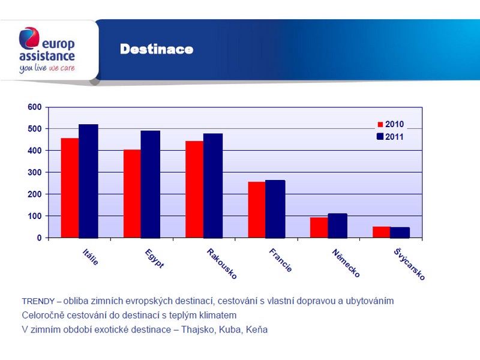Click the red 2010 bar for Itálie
[x=70, y=188]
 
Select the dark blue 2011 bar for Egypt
[x=151, y=184]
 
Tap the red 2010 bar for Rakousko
[x=194, y=189]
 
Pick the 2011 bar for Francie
[x=275, y=209]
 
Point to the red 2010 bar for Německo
[x=319, y=227]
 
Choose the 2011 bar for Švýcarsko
[x=400, y=232]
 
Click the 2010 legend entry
[x=391, y=124]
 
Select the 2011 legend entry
[x=390, y=137]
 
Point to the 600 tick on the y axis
[x=35, y=107]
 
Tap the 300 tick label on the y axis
[x=35, y=172]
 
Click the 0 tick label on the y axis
[x=39, y=238]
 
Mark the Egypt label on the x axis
[x=154, y=259]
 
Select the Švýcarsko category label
[x=409, y=264]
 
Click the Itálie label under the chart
[x=91, y=257]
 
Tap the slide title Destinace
[x=157, y=49]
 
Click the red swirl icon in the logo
[x=29, y=38]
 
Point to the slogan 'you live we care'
[x=47, y=68]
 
